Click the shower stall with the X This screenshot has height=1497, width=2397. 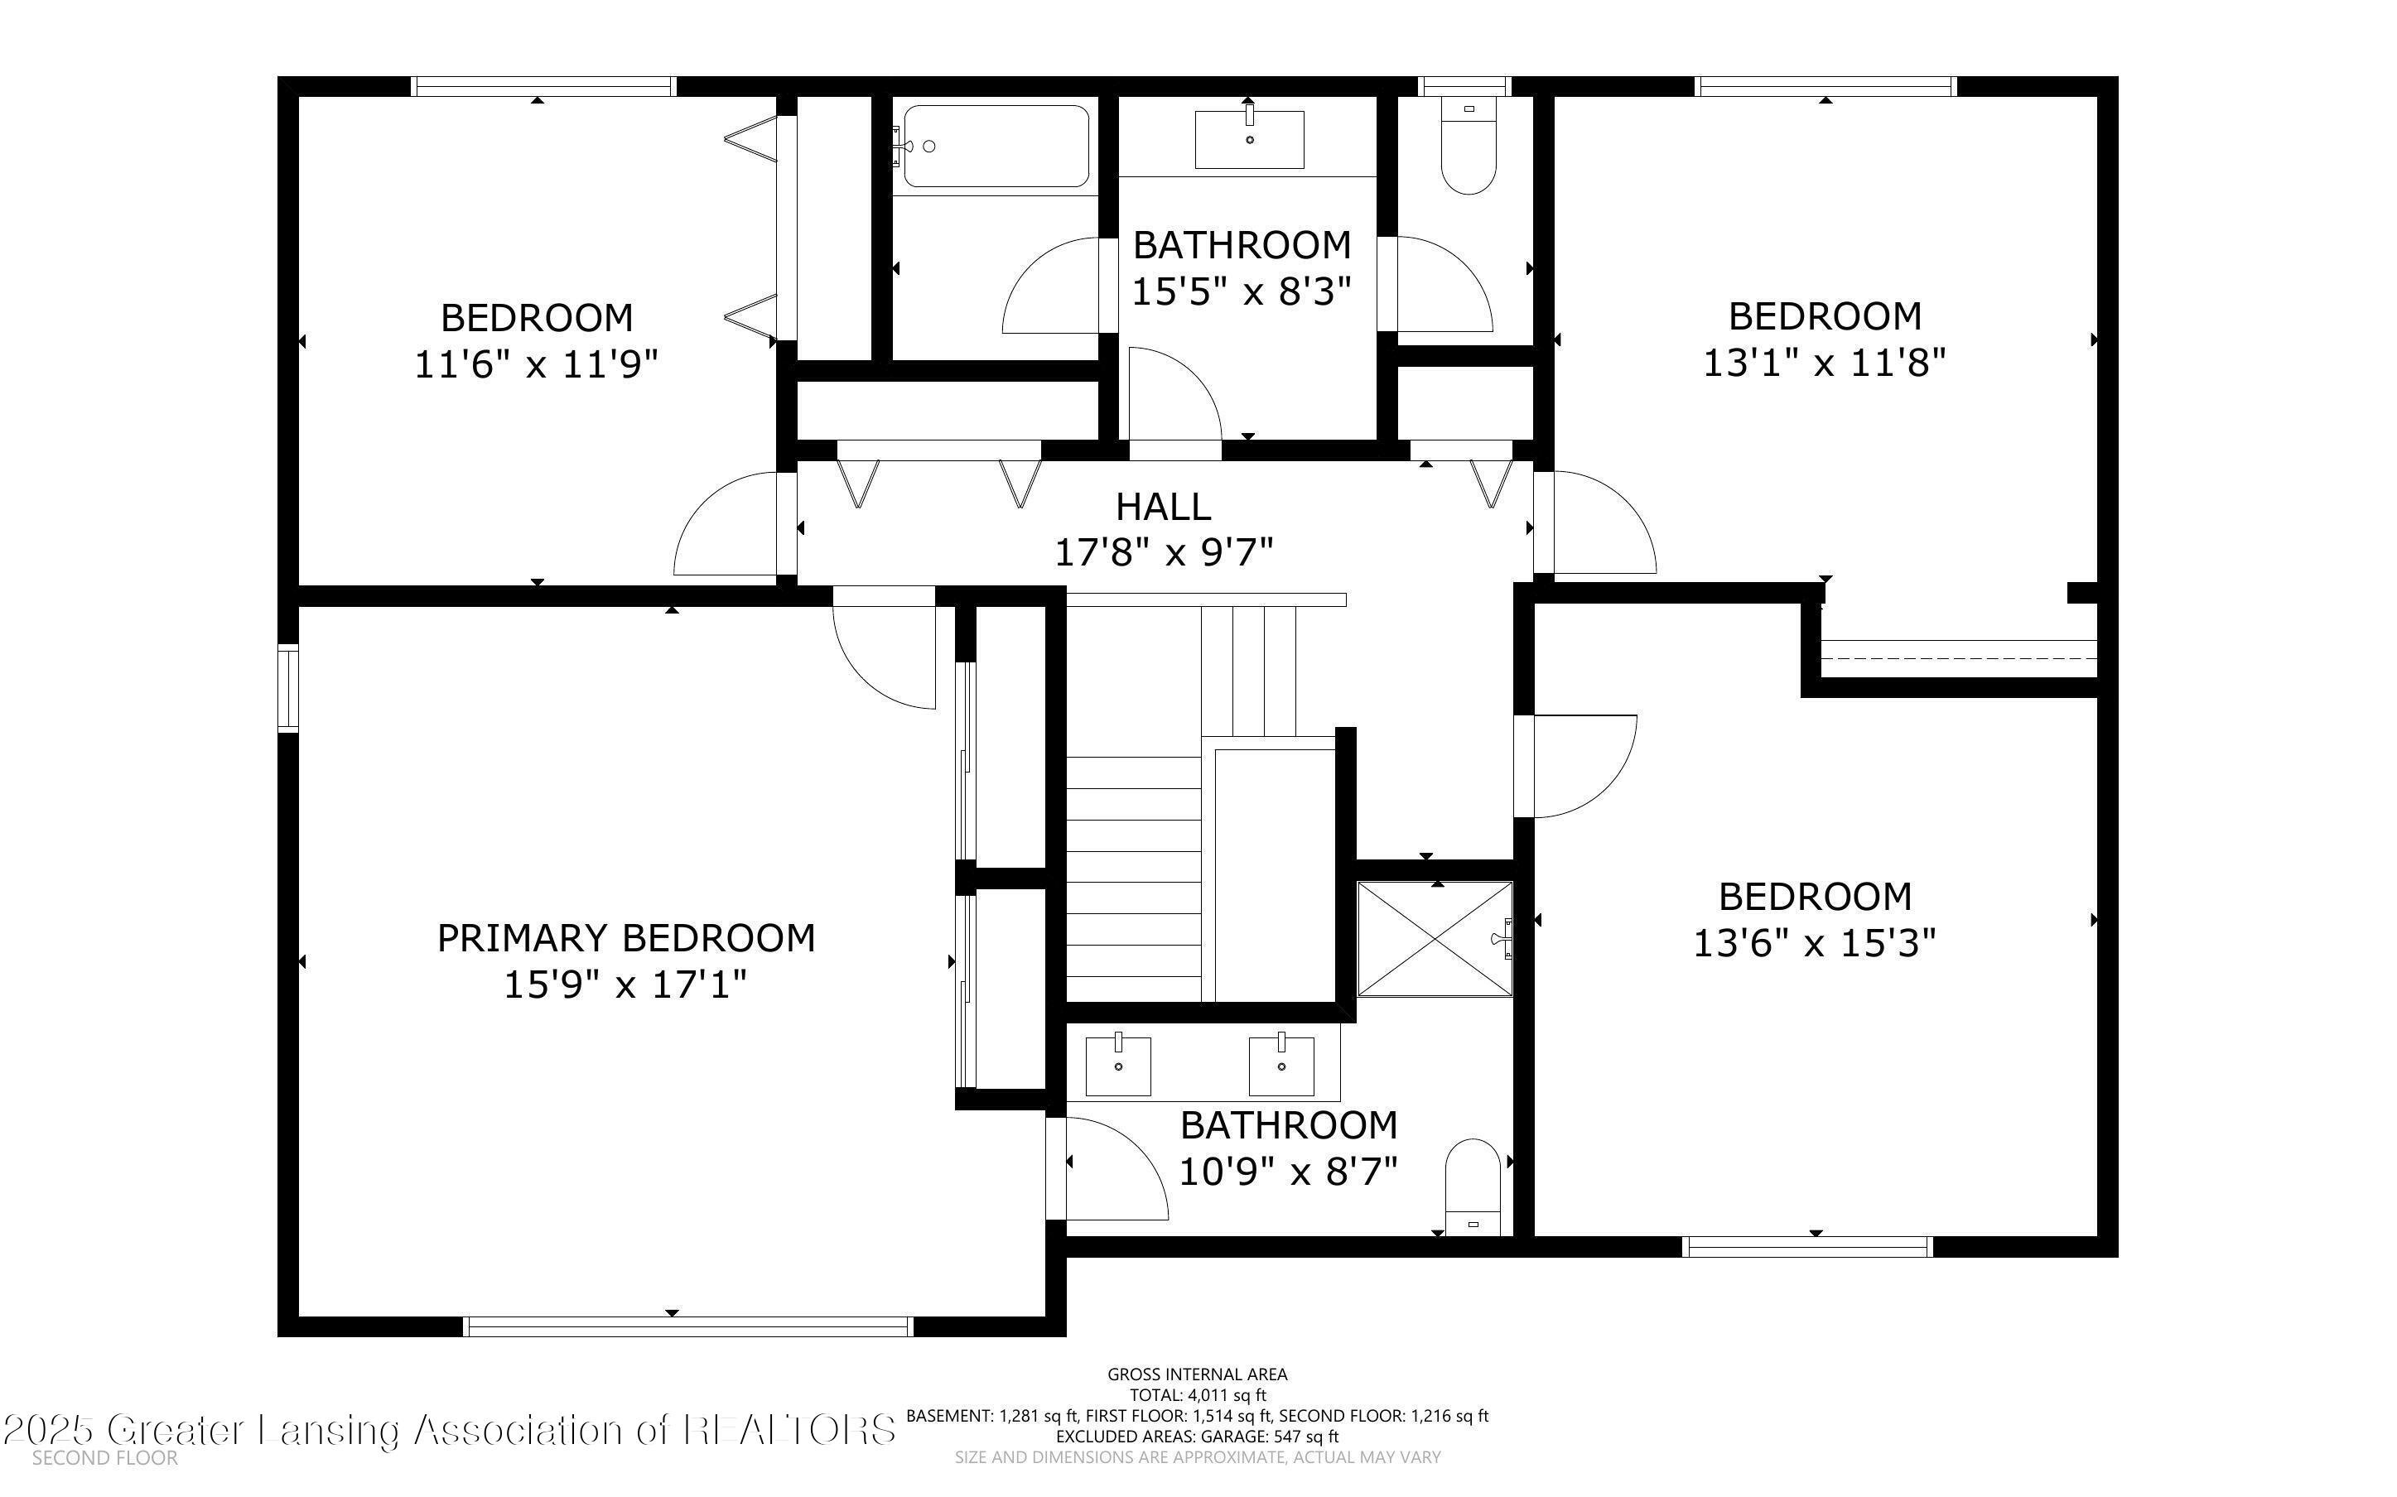[x=1435, y=939]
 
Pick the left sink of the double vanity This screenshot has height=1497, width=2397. [x=1119, y=1066]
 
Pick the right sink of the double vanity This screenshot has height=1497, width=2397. [x=1281, y=1066]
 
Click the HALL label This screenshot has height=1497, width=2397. [x=1164, y=507]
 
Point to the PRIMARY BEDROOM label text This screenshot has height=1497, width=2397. [x=625, y=937]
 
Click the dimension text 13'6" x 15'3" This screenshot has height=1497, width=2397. [x=1814, y=942]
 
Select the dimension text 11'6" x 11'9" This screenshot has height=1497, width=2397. [x=536, y=364]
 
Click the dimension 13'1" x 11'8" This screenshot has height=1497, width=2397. [x=1824, y=363]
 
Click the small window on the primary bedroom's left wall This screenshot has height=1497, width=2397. [x=287, y=687]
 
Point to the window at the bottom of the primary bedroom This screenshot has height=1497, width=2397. [x=688, y=1326]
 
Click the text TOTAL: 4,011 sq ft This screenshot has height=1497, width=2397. [x=1197, y=1395]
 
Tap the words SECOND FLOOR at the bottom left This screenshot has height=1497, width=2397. [x=105, y=1457]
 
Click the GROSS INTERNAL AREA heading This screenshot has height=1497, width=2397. [x=1197, y=1374]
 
